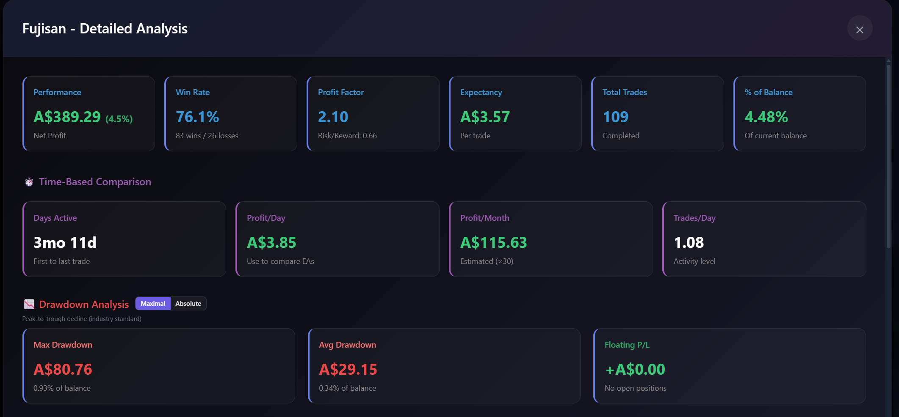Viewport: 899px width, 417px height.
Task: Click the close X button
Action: (x=860, y=30)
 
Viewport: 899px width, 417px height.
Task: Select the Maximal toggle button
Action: (x=153, y=304)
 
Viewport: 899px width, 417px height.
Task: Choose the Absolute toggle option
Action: (x=188, y=304)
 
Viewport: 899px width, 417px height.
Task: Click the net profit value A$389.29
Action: (x=67, y=117)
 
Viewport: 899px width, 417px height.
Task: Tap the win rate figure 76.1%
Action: (x=197, y=117)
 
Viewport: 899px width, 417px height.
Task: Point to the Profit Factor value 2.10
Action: (x=333, y=117)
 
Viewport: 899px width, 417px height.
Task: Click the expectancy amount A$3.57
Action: (x=485, y=117)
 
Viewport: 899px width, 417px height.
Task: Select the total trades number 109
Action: (x=615, y=117)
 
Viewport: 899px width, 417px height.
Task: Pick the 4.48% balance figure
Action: (x=766, y=117)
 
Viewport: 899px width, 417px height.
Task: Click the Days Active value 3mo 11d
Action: (x=65, y=243)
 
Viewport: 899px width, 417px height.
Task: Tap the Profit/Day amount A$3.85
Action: (x=271, y=243)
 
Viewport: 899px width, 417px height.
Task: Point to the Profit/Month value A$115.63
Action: (x=493, y=243)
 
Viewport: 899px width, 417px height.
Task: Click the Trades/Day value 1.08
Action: (x=689, y=243)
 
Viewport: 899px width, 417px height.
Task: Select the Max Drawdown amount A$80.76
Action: (x=63, y=370)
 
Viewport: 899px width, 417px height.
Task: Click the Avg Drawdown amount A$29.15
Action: (x=348, y=370)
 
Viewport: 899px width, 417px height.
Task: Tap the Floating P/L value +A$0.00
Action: (x=635, y=370)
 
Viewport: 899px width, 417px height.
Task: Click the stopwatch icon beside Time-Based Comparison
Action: (x=29, y=182)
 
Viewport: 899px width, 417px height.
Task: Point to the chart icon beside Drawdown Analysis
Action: (x=29, y=304)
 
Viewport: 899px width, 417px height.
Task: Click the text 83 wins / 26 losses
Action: (x=207, y=136)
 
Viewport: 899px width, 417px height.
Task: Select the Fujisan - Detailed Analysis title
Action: (x=105, y=29)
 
